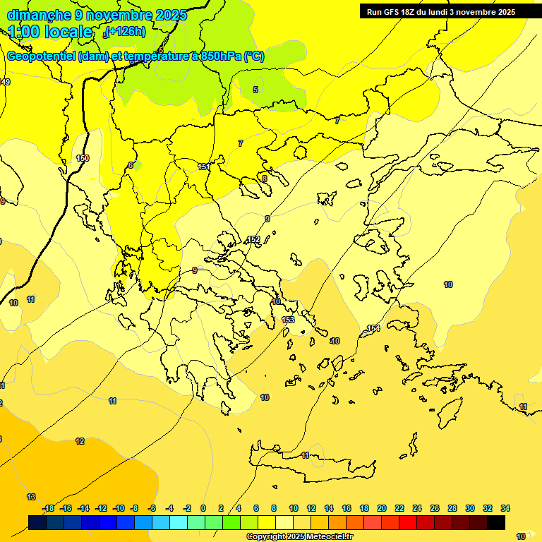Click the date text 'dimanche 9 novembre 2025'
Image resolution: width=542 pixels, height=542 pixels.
[x=97, y=15]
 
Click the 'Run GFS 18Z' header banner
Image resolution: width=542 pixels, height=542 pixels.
[x=440, y=12]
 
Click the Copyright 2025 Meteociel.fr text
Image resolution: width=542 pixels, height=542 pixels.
[x=299, y=536]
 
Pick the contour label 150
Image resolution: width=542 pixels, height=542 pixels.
[x=83, y=159]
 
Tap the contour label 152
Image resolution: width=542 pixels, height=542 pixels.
[x=253, y=240]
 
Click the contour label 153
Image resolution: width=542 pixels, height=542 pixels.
[x=288, y=320]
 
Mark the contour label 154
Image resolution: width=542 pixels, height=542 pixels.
[x=373, y=329]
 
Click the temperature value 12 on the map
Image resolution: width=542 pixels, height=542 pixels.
[x=80, y=441]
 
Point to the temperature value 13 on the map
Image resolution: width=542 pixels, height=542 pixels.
[x=31, y=497]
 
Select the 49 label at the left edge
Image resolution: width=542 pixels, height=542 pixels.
[x=6, y=83]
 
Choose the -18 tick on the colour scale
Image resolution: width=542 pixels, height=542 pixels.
[x=48, y=508]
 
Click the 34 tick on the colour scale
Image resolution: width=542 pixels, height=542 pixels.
[x=505, y=508]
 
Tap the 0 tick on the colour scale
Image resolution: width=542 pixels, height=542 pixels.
[x=203, y=508]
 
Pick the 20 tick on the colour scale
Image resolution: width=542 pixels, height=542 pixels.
[x=382, y=508]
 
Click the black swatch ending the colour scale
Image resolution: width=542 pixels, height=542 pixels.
[x=496, y=522]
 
